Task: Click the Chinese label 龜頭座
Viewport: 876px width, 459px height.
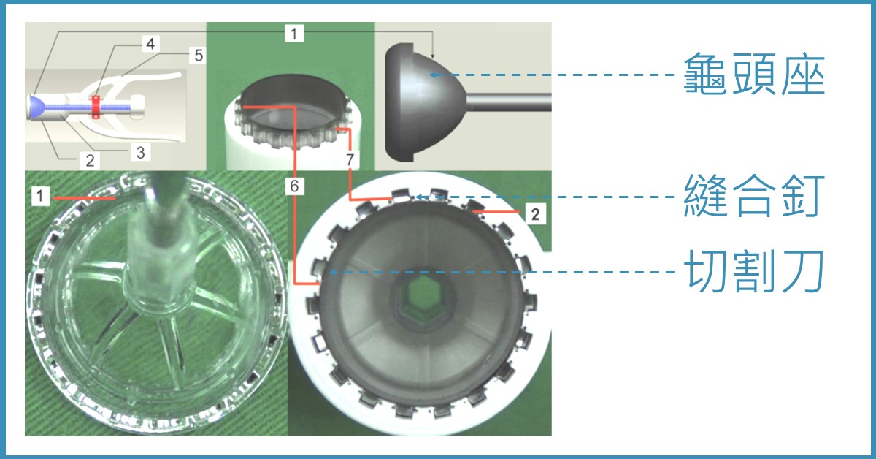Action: pyautogui.click(x=754, y=75)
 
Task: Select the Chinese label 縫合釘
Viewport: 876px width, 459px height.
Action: pyautogui.click(x=754, y=196)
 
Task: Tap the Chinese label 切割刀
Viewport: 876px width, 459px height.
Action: pyautogui.click(x=754, y=271)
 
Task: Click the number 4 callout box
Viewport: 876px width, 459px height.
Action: pyautogui.click(x=150, y=44)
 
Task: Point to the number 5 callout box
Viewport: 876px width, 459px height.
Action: pyautogui.click(x=199, y=56)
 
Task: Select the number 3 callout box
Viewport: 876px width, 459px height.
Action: pyautogui.click(x=140, y=152)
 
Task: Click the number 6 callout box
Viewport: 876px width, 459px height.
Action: pyautogui.click(x=294, y=186)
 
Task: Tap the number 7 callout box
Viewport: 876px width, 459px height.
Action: pyautogui.click(x=350, y=159)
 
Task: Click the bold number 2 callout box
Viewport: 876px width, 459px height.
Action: pyautogui.click(x=535, y=214)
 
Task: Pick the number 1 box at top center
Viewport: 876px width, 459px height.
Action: pyautogui.click(x=294, y=34)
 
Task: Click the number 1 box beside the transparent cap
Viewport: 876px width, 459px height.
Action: pyautogui.click(x=40, y=196)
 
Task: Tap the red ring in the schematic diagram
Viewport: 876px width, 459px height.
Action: pyautogui.click(x=96, y=107)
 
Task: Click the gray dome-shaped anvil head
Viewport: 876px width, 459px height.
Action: pyautogui.click(x=426, y=102)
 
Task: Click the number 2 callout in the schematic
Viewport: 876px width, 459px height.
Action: pyautogui.click(x=90, y=161)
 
